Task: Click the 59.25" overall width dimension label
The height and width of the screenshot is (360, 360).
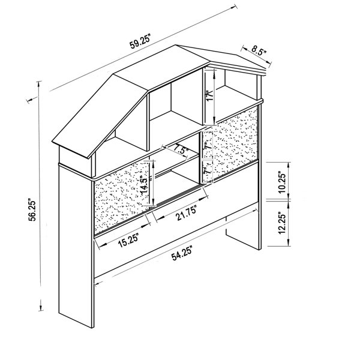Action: click(140, 42)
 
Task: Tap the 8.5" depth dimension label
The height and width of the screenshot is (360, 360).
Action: click(259, 50)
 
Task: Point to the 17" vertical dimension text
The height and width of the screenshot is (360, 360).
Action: click(210, 97)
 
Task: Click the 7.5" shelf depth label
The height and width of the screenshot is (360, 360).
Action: click(181, 149)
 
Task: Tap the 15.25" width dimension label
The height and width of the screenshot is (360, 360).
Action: click(128, 240)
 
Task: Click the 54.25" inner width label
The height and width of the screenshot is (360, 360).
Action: click(182, 253)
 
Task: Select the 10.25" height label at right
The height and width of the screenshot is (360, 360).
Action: click(282, 182)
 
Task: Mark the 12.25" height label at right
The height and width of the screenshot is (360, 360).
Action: click(282, 223)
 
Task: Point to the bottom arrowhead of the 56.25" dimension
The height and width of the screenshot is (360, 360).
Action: click(41, 307)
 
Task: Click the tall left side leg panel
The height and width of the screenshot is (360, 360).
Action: click(76, 245)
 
